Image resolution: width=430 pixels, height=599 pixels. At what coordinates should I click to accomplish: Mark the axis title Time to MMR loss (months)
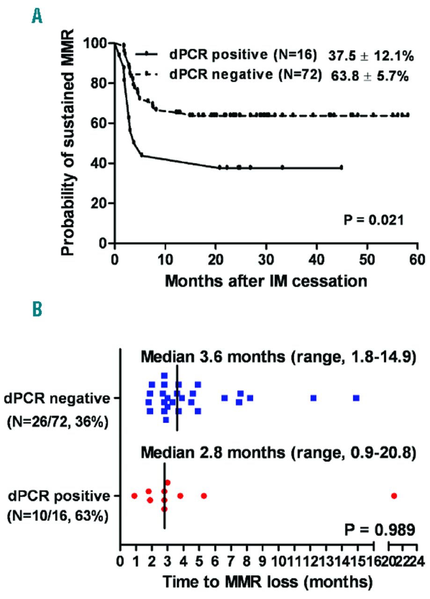coord(267,583)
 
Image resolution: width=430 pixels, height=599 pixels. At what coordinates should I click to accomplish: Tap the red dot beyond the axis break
coord(394,496)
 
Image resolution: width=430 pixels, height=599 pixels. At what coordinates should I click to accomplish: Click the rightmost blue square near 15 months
coord(357,398)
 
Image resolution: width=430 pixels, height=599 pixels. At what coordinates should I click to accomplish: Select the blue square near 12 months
coord(313,398)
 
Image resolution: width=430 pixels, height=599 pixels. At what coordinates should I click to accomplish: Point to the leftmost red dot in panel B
coord(134,496)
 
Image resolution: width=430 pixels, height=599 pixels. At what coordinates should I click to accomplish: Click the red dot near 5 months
coord(204,496)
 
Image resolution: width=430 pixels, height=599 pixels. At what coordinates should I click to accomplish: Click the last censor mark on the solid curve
coord(342,167)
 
